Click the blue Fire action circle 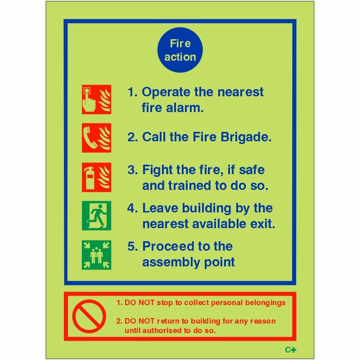(180, 50)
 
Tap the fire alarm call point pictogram (96, 99)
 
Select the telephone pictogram (96, 138)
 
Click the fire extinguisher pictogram (96, 177)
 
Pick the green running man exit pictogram (96, 216)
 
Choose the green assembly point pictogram (96, 255)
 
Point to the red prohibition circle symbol (89, 315)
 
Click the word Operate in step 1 (166, 93)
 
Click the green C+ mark (291, 350)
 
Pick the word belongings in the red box (263, 303)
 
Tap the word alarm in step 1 (184, 108)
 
